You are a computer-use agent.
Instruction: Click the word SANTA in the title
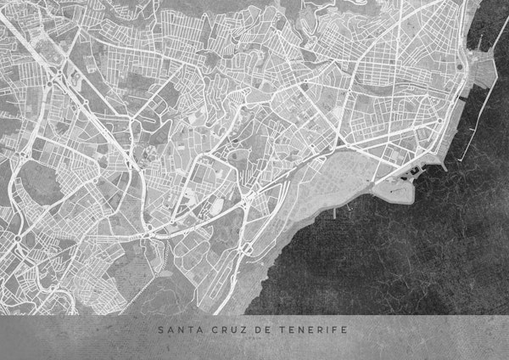point(176,329)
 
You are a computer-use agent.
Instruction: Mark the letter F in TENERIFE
point(336,329)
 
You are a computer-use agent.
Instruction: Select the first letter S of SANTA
point(159,329)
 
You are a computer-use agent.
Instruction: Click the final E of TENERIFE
point(345,329)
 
